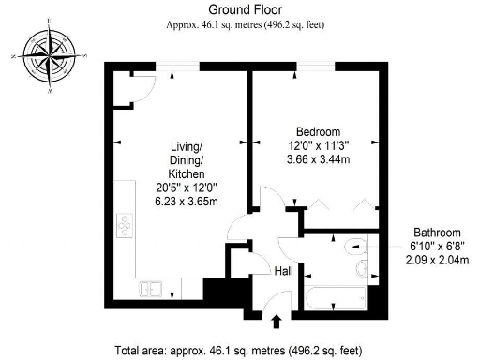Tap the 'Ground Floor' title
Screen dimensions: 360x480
click(x=240, y=8)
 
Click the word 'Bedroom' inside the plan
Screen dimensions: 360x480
click(x=318, y=131)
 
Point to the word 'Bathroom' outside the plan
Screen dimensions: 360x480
click(x=437, y=232)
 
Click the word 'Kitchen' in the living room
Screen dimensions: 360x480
click(x=186, y=174)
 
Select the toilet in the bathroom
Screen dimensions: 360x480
click(x=353, y=247)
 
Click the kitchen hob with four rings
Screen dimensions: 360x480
click(x=123, y=226)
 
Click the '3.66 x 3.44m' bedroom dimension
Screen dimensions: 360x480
click(x=318, y=161)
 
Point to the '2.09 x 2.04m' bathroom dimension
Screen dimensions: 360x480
click(x=437, y=260)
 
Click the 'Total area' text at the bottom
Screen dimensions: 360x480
click(x=238, y=351)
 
